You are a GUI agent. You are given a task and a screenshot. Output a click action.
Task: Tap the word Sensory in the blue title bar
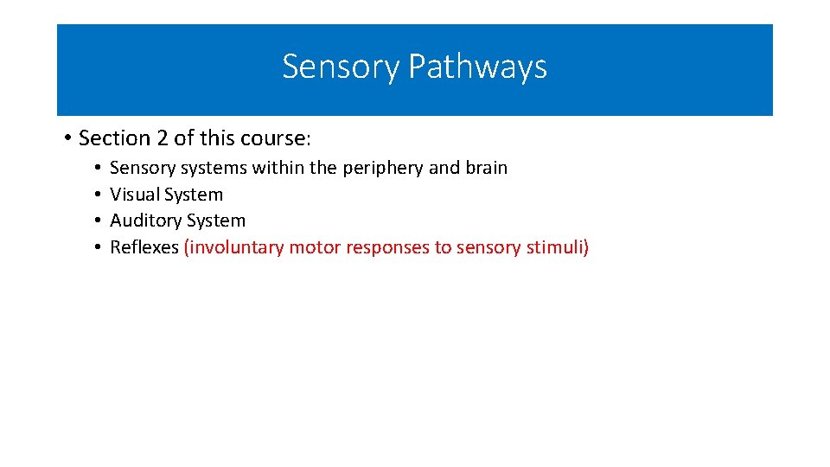341,67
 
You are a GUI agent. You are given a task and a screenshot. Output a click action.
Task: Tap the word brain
486,168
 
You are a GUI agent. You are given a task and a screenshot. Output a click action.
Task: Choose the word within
279,168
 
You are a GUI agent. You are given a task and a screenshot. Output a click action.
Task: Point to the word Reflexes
144,248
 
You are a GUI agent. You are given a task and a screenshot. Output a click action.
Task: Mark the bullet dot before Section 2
67,139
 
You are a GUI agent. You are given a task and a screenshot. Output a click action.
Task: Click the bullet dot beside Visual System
99,195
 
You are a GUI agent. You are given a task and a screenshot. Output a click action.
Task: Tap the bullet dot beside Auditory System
99,221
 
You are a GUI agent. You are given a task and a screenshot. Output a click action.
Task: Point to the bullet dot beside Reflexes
99,248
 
